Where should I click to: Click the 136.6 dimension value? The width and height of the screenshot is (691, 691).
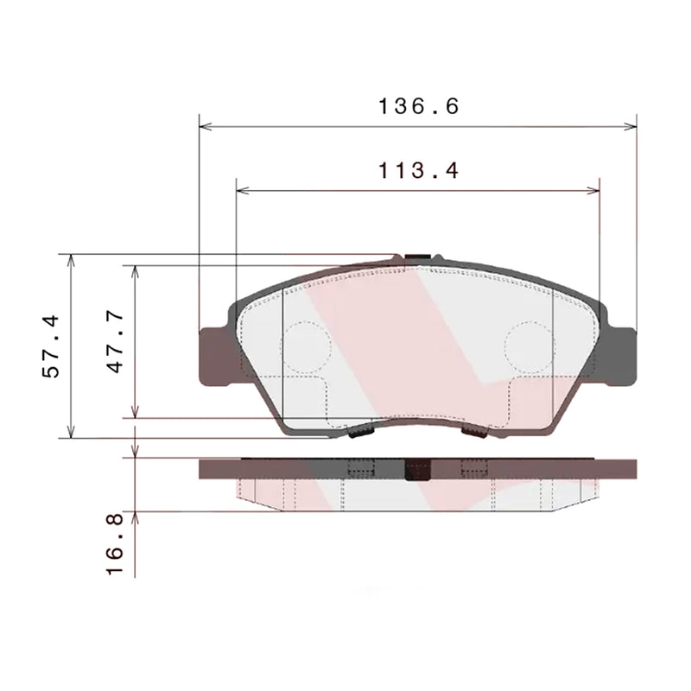[417, 106]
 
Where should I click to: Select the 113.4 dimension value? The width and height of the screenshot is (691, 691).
[417, 170]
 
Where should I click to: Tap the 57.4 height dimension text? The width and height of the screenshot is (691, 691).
[53, 345]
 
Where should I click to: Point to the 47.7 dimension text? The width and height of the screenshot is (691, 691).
[117, 342]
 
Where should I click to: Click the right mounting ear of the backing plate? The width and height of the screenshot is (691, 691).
[622, 354]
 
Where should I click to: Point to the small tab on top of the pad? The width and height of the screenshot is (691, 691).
[418, 257]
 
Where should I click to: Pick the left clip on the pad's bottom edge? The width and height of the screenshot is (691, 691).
[359, 430]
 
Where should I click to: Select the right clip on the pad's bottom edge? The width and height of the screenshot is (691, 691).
[475, 430]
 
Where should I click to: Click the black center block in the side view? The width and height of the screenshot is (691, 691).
[417, 469]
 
